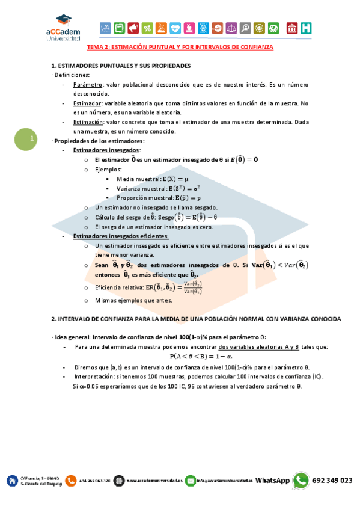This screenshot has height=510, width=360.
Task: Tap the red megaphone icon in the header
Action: (x=133, y=28)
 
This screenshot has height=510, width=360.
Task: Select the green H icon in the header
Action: (x=307, y=28)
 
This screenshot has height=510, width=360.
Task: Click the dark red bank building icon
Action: (x=292, y=28)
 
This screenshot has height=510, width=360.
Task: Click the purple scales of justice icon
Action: (x=231, y=28)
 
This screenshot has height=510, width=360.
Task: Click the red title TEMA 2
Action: (x=180, y=46)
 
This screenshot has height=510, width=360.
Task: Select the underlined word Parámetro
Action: (x=87, y=86)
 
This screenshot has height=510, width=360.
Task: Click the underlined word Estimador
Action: (x=87, y=103)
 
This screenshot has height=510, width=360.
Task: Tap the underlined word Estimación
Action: (x=88, y=122)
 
